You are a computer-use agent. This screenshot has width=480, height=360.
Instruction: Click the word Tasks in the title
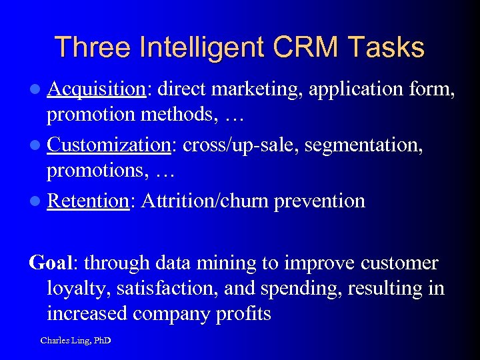(x=389, y=48)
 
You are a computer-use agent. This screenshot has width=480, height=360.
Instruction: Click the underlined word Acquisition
(x=97, y=89)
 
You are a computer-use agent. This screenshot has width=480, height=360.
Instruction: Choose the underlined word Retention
(x=87, y=201)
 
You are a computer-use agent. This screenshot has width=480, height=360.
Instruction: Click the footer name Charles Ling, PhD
(x=75, y=341)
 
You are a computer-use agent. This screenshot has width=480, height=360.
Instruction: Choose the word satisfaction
(x=163, y=289)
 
